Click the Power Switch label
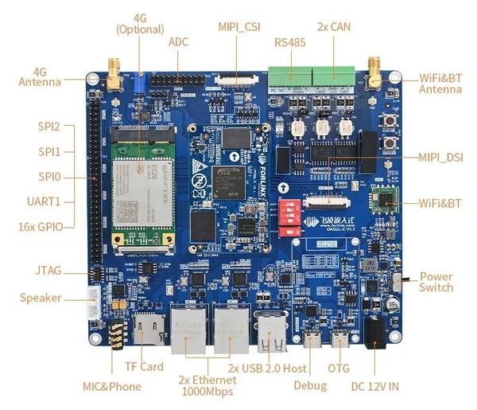click(436, 282)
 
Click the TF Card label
click(144, 366)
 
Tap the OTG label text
click(339, 369)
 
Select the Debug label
click(310, 385)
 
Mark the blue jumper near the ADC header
click(142, 80)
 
